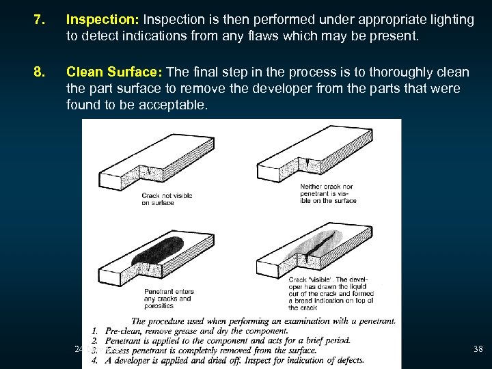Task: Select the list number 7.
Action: pyautogui.click(x=39, y=20)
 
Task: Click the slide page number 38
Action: pyautogui.click(x=478, y=349)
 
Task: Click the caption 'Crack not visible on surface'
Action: pyautogui.click(x=166, y=199)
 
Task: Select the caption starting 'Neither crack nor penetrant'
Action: pyautogui.click(x=327, y=193)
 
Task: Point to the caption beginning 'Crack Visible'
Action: pyautogui.click(x=332, y=292)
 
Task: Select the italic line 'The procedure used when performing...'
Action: pyautogui.click(x=263, y=321)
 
